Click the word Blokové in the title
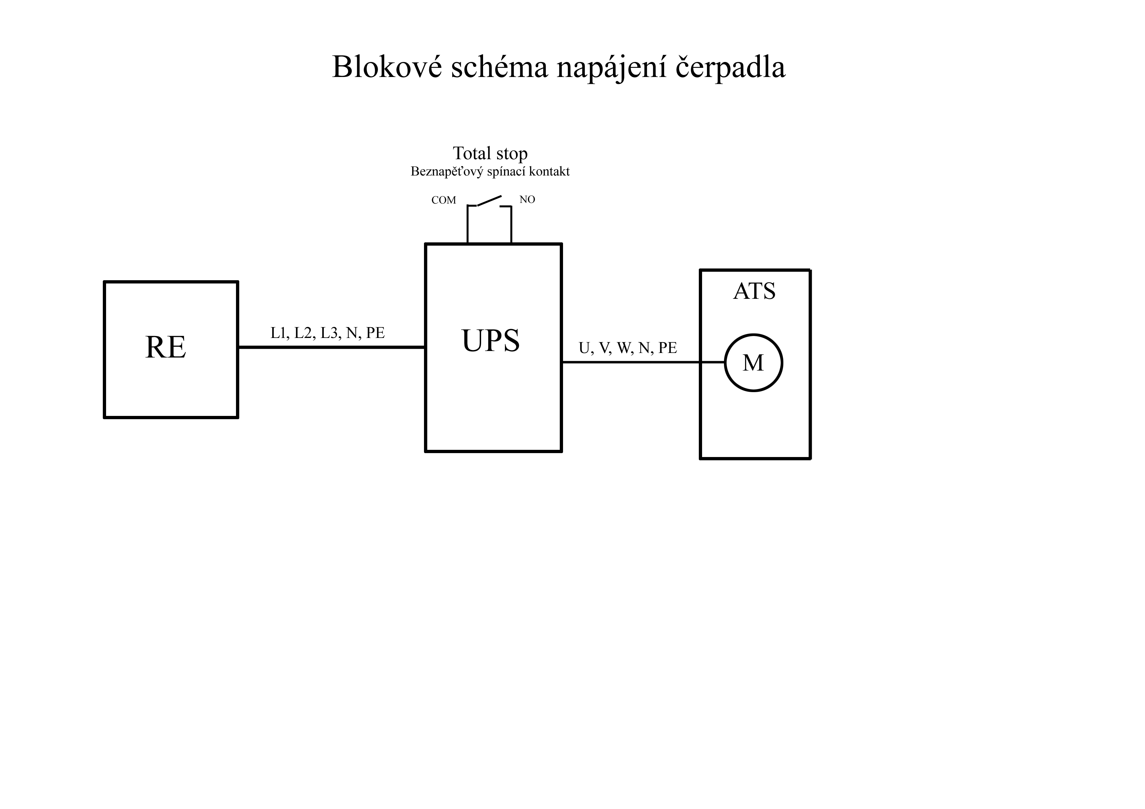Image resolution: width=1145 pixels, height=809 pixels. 387,67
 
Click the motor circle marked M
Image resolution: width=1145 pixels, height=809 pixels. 754,334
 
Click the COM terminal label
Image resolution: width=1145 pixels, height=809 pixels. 444,200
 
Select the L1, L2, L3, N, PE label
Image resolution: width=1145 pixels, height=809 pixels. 328,333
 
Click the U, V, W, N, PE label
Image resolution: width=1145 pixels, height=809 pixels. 628,348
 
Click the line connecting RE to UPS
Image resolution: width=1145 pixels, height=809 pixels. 332,347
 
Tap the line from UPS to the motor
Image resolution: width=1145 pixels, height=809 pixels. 643,362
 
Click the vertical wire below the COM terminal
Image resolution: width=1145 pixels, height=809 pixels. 467,224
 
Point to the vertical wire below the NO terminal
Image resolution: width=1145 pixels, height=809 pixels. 511,225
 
